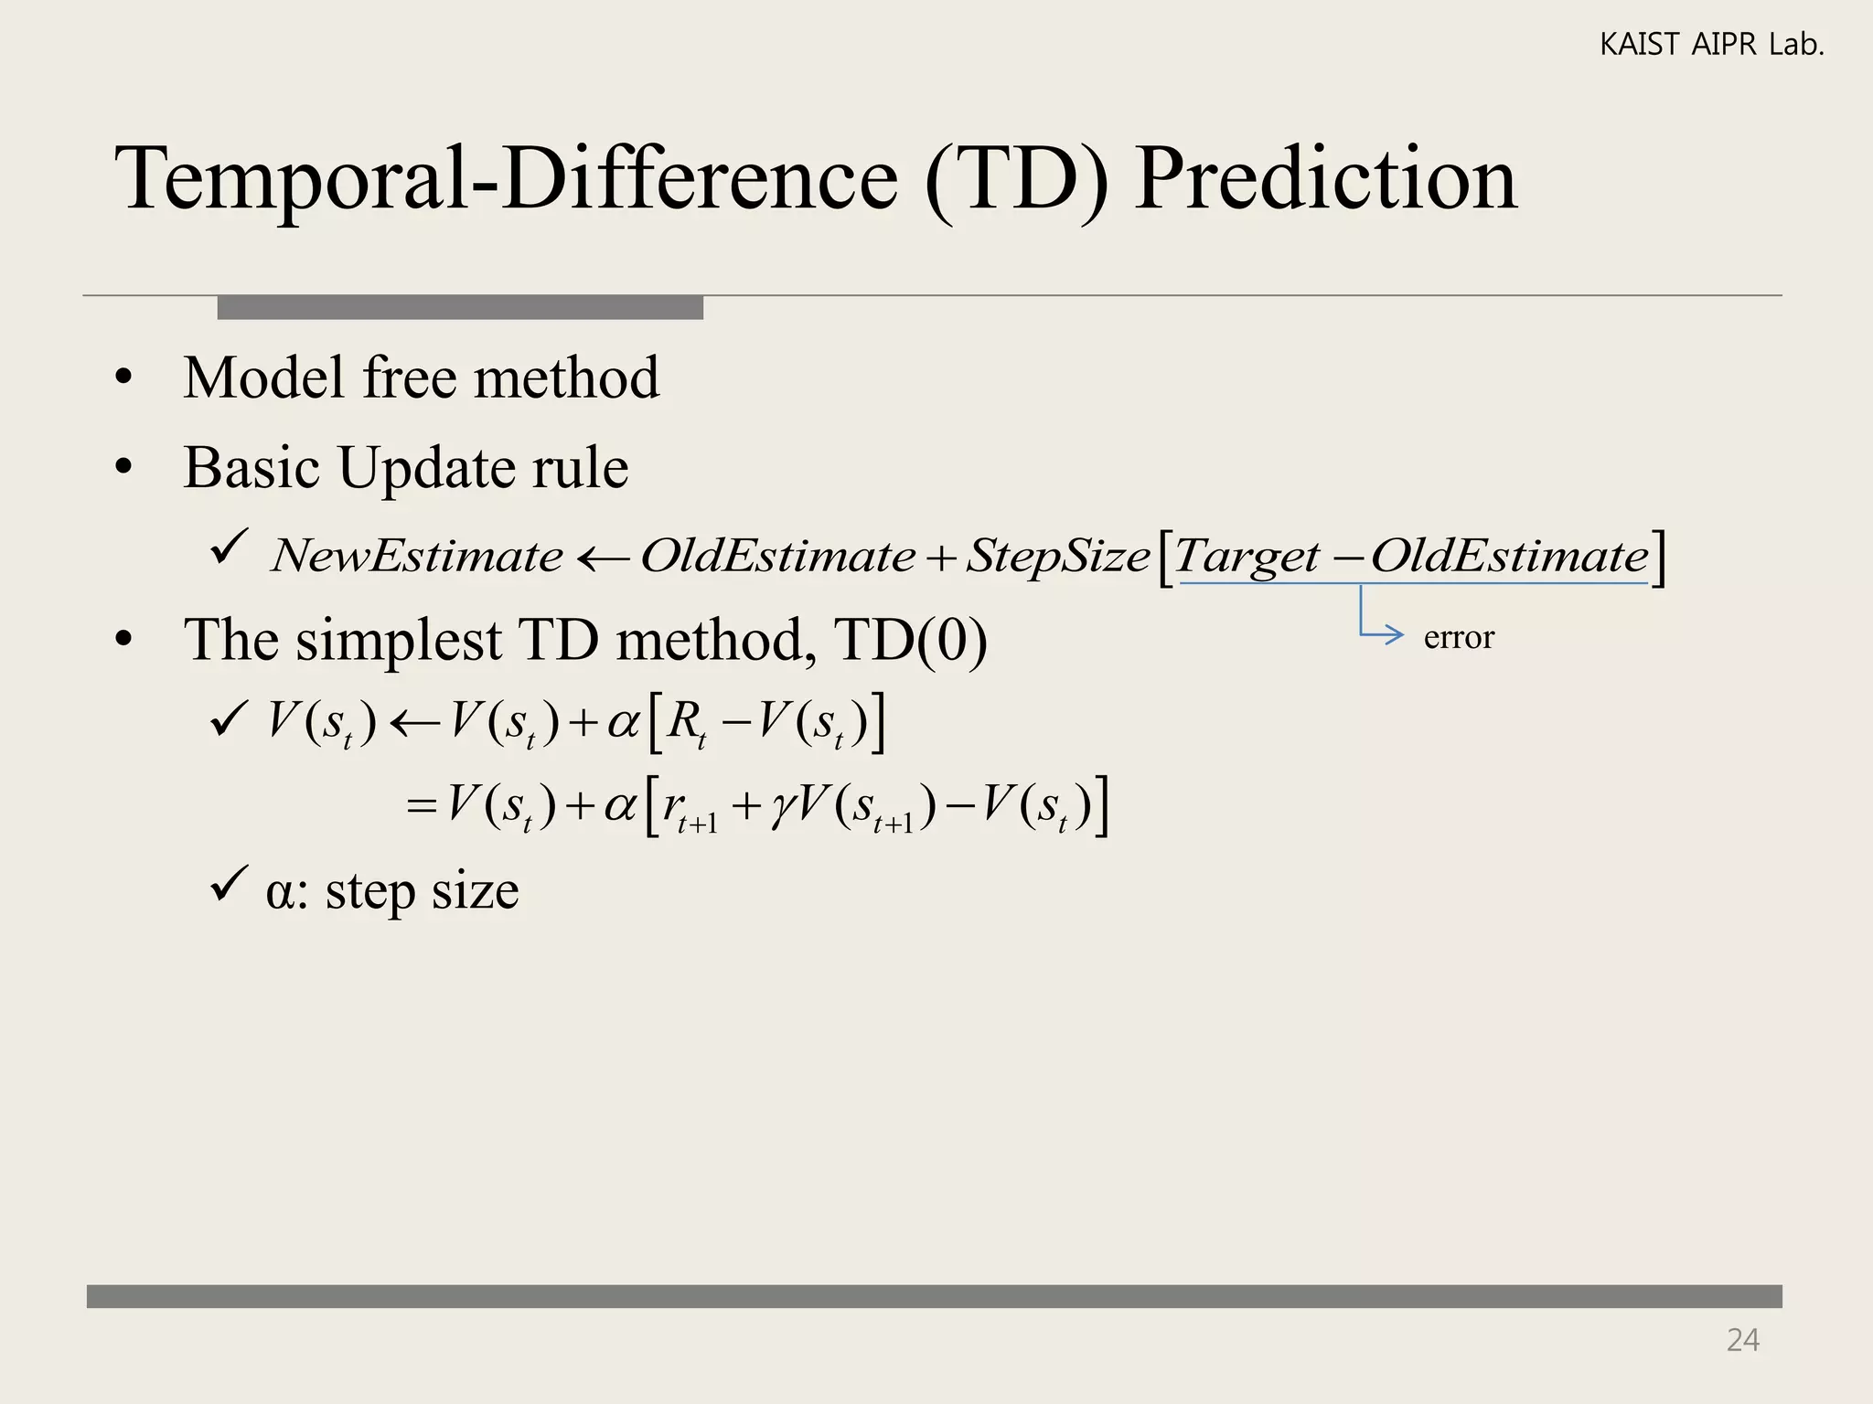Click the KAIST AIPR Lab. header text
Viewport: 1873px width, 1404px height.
1711,44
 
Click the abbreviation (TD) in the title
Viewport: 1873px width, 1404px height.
1017,180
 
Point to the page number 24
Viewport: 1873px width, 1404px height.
1742,1340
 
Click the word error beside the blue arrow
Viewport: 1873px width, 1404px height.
1458,636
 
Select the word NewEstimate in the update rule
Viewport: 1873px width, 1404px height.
417,556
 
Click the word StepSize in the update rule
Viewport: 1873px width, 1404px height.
1057,556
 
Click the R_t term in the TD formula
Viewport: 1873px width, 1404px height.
687,723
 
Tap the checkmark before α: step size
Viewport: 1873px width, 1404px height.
229,885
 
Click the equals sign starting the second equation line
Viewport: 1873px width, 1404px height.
421,807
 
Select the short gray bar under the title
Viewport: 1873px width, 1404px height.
460,307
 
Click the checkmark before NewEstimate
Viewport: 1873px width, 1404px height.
229,548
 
